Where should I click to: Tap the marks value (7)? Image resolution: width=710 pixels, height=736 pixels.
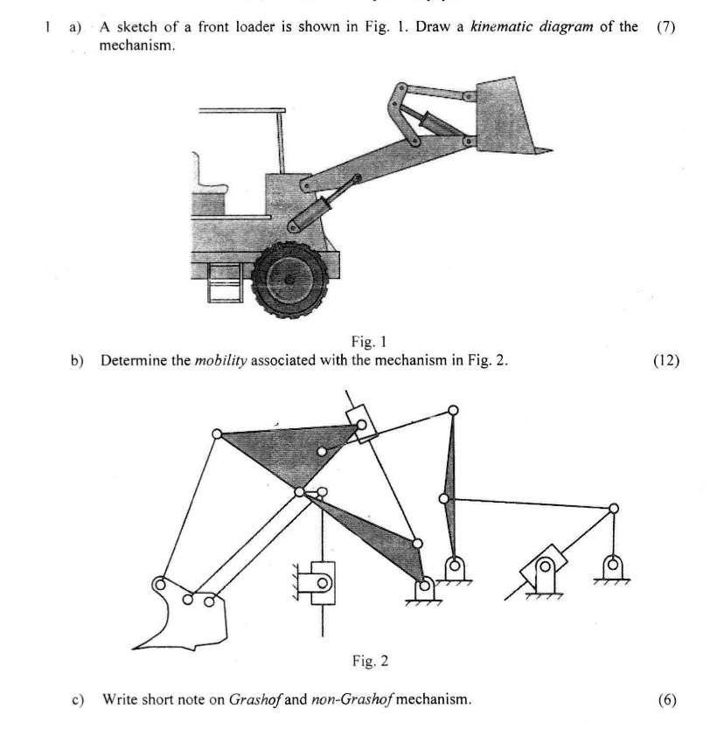point(665,28)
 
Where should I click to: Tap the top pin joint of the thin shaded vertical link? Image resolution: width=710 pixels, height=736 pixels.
point(452,410)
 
